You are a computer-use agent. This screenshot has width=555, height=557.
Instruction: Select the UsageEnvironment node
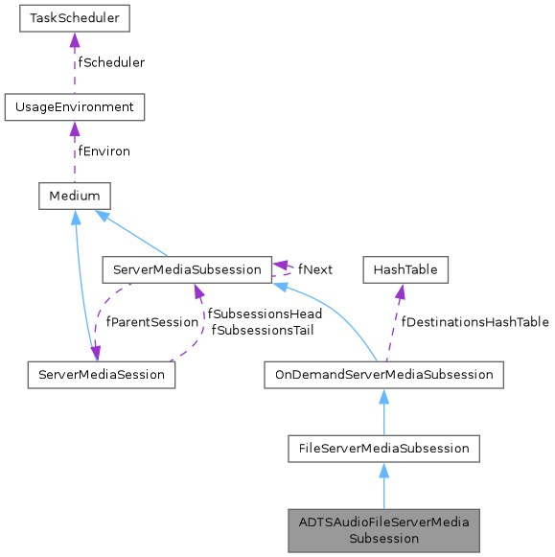(74, 106)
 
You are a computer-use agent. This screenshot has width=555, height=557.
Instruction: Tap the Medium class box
(74, 196)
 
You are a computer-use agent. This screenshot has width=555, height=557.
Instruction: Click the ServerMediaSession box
(101, 374)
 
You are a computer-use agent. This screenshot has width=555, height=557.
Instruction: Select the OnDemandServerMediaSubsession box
(383, 374)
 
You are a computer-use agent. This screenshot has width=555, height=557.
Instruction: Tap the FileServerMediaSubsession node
(383, 447)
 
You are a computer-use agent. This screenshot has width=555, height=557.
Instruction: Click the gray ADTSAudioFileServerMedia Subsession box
(383, 529)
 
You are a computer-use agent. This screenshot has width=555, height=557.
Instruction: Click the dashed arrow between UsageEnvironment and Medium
(74, 151)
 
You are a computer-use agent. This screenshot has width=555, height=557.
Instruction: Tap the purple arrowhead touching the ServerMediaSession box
(95, 355)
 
